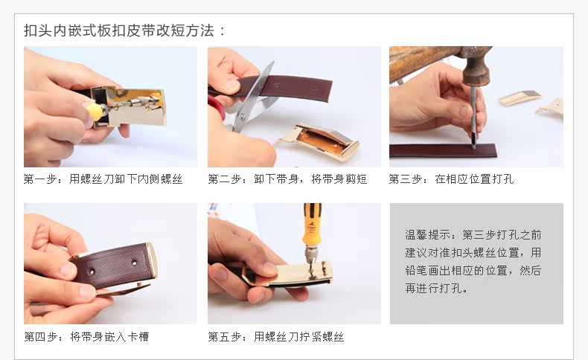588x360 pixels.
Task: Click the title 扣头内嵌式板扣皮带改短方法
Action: (x=119, y=30)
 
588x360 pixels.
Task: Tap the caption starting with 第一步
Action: (x=103, y=179)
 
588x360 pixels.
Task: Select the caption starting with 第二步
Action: (x=287, y=179)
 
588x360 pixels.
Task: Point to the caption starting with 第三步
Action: (x=451, y=179)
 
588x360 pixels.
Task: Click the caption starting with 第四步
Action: (x=86, y=336)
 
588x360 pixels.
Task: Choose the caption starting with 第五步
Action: (x=275, y=336)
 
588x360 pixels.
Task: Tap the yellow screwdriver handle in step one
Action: (x=94, y=112)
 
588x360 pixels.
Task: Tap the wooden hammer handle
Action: (x=424, y=62)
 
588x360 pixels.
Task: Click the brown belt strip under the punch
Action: (x=443, y=150)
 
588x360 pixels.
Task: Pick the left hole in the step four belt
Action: (x=90, y=271)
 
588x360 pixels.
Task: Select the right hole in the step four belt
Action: (x=134, y=263)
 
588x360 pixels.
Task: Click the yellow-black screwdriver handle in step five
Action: (x=312, y=224)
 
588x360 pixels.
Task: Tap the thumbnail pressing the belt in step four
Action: (x=68, y=269)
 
